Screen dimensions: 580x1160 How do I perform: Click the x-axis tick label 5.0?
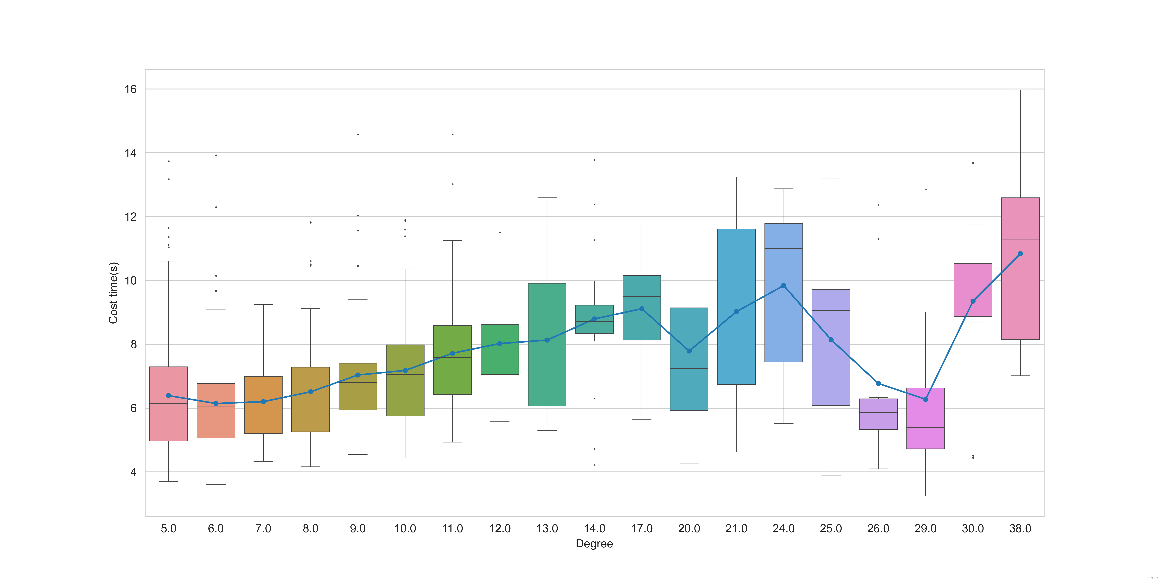[x=168, y=529]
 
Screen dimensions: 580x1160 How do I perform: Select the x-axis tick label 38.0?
[x=1020, y=529]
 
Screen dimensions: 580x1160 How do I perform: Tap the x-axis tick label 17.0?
[x=642, y=529]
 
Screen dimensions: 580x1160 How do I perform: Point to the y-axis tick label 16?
[x=131, y=89]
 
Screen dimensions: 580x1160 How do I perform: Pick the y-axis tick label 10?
[x=131, y=281]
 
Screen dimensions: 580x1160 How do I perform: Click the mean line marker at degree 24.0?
[x=784, y=285]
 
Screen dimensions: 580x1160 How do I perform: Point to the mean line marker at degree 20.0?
[x=689, y=351]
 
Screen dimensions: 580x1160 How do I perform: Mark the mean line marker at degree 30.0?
[x=973, y=301]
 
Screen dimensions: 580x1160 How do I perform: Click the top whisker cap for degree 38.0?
[x=1020, y=90]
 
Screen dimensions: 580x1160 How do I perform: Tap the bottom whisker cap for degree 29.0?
[x=925, y=496]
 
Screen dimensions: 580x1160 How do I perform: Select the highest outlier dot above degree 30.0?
[x=973, y=163]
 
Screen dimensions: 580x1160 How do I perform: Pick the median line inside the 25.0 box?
[x=831, y=311]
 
